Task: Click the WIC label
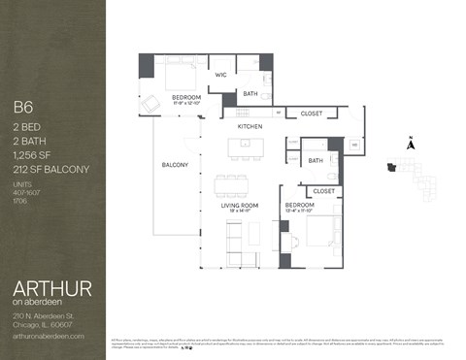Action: [220, 74]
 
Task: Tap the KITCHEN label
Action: [250, 126]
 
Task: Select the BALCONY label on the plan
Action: [175, 165]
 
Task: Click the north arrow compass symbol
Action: [411, 144]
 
